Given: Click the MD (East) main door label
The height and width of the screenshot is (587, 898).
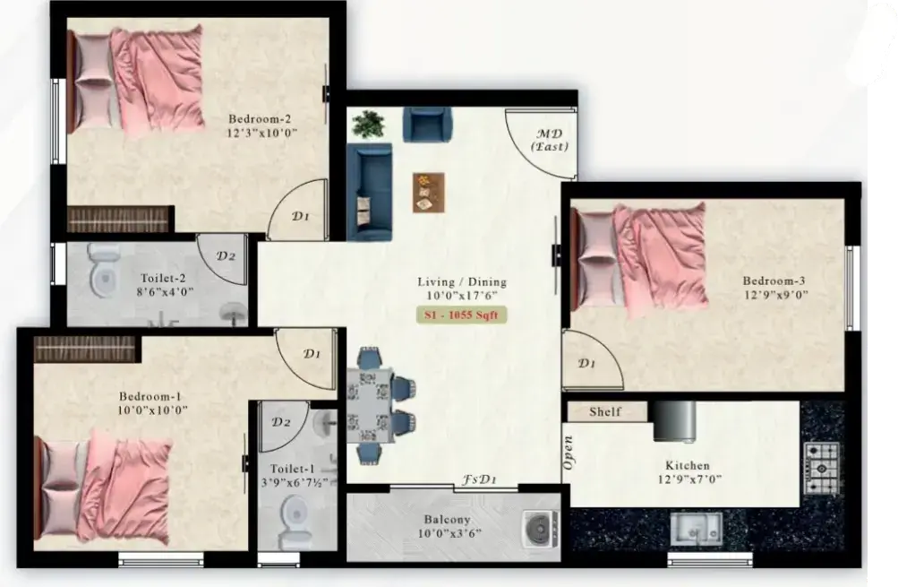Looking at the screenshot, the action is coord(550,140).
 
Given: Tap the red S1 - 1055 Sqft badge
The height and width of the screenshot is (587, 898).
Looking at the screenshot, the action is coord(461,315).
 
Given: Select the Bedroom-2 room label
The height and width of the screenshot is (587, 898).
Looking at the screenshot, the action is coord(260,119).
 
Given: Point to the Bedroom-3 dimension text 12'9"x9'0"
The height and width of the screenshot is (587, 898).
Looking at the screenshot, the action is coord(775,295).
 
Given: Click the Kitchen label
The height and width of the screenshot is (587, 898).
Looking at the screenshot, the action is coord(688,465).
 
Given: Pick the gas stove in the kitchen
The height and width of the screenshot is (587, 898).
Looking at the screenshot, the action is coord(822,469).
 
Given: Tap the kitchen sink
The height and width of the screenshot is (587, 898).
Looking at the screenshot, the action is coord(697,529).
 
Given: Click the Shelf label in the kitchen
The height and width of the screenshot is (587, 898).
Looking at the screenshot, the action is coord(605,411).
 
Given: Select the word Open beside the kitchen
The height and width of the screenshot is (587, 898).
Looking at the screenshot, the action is coord(569,453).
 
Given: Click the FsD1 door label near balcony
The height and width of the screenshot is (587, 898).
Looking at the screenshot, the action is coord(479,479).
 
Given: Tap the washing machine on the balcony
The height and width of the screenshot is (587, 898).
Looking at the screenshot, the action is coord(540,528).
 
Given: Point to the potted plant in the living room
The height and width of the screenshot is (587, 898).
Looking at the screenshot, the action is coord(368,124).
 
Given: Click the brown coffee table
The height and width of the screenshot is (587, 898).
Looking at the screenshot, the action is coord(428,193).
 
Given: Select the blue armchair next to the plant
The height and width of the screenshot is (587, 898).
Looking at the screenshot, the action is coord(427,125).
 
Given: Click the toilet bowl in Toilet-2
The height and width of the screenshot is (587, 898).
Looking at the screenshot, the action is coord(104,272).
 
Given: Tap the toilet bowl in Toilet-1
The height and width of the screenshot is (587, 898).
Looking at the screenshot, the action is coord(295,522).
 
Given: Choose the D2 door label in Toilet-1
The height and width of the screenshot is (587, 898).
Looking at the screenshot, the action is coord(280,422).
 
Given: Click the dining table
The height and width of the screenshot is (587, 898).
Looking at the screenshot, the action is coord(370,405).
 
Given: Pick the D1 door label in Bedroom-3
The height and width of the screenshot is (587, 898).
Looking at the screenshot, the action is coord(586,363).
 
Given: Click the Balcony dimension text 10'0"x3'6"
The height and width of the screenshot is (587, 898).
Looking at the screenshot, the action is coord(449,533).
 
